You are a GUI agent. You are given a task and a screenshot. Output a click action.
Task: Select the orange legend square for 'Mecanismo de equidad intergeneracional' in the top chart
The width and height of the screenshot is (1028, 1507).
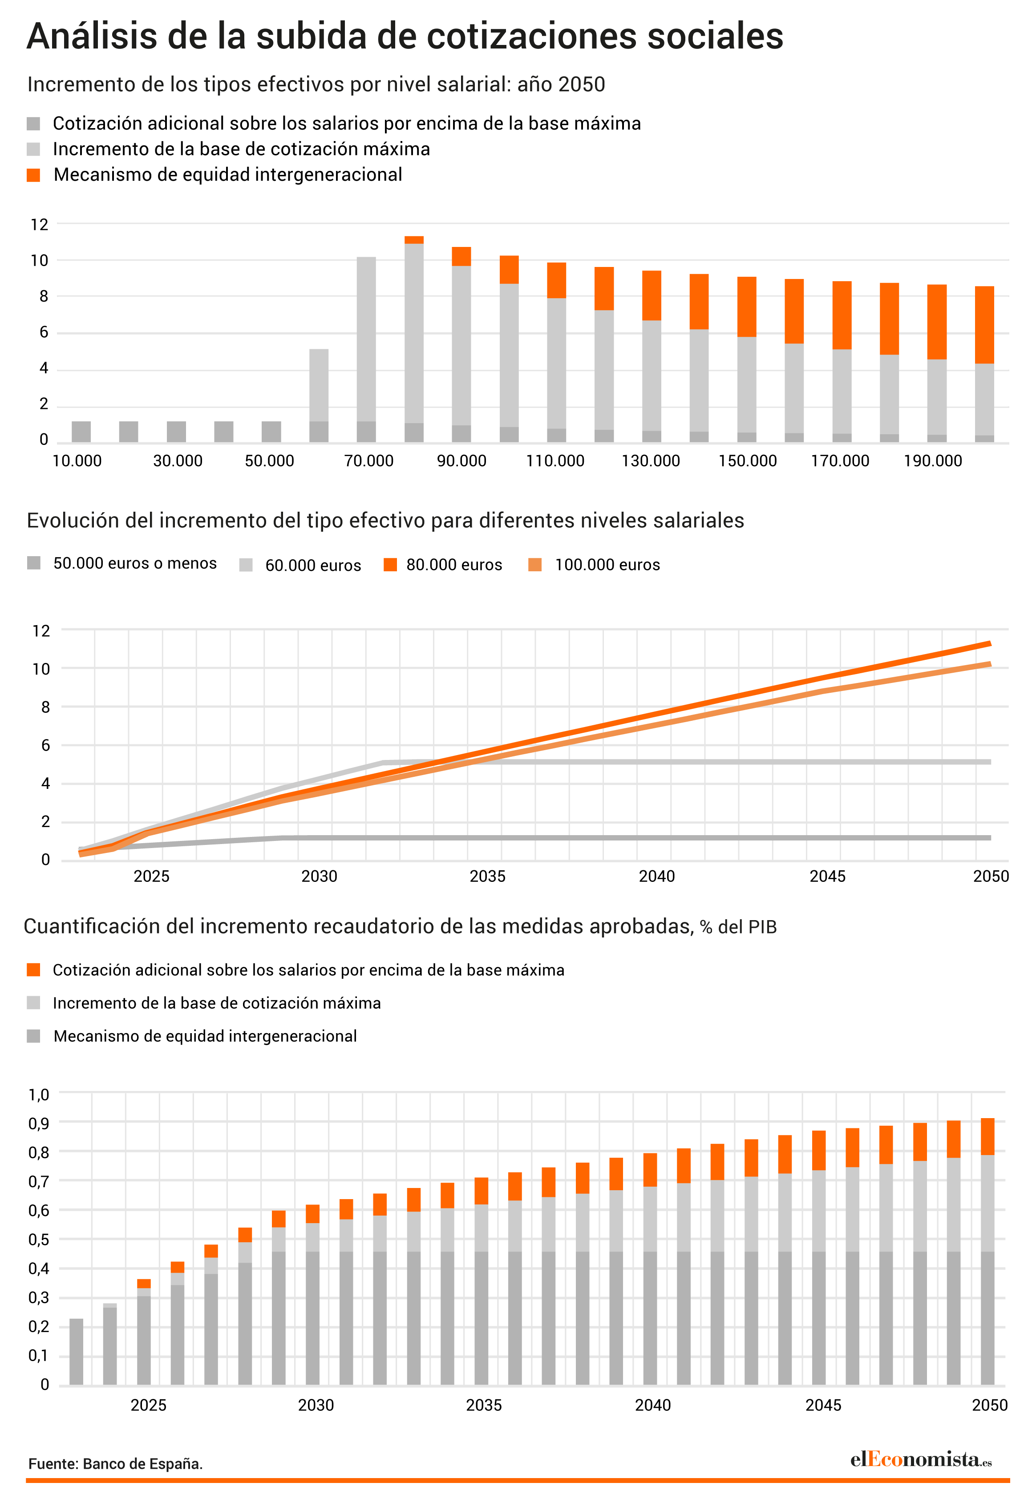[34, 175]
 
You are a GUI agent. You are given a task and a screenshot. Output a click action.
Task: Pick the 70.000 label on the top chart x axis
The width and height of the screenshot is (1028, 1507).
[368, 461]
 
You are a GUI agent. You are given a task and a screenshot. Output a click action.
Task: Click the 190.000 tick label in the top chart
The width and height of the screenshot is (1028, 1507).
[933, 461]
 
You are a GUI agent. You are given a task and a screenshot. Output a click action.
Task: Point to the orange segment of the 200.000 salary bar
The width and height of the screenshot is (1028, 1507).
[984, 325]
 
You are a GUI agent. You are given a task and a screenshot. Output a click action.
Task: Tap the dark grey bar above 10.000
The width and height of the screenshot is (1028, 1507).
[81, 432]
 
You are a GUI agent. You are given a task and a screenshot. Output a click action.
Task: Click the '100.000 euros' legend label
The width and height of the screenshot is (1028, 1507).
[607, 565]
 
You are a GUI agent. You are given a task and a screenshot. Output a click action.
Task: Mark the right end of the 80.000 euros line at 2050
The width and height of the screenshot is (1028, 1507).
[990, 643]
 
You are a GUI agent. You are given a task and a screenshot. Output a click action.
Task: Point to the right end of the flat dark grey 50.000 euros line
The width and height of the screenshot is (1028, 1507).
[990, 838]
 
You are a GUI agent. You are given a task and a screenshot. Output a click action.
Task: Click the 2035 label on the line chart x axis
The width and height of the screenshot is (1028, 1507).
[487, 876]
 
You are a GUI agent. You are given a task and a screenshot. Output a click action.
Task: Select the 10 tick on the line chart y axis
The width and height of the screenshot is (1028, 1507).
[41, 669]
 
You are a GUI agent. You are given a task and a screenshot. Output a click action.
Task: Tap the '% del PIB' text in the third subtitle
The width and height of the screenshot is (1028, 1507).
[738, 927]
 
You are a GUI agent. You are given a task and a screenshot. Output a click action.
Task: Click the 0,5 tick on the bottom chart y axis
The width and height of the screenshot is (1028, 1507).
[38, 1239]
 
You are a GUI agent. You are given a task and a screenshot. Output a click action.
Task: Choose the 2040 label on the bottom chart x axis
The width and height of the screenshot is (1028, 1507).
[652, 1405]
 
